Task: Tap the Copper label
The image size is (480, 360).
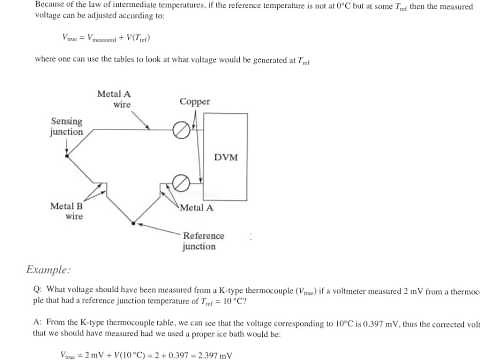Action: pos(194,102)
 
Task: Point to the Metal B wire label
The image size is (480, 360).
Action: pos(67,210)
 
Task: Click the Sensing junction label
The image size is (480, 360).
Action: pos(67,126)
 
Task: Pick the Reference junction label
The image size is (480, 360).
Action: pos(203,241)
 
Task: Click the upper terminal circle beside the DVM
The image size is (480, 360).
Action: pos(181,128)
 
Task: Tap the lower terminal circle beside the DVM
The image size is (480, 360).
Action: pos(181,182)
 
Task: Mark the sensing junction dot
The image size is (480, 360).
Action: pos(65,155)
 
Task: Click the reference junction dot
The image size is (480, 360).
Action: pos(134,225)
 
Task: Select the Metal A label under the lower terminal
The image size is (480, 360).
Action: pos(197,208)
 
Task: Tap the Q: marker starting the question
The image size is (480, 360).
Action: pos(37,289)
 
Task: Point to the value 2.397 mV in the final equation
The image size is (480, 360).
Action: pos(199,354)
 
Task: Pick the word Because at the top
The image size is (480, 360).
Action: pos(49,5)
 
